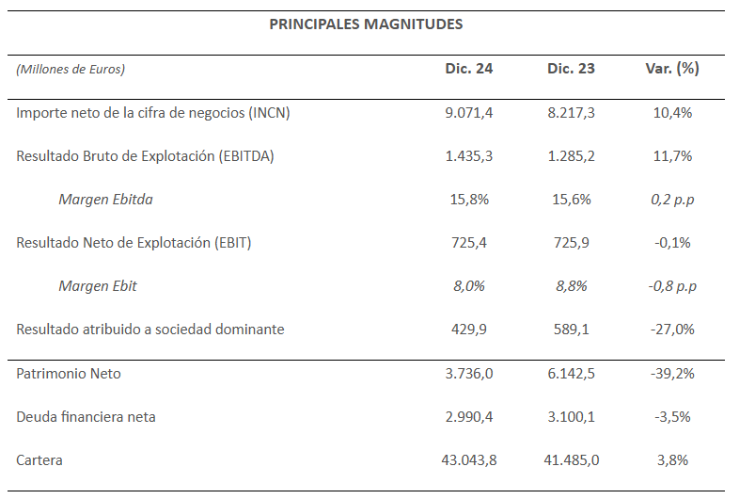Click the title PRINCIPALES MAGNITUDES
pos(366,24)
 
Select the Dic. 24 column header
pos(469,69)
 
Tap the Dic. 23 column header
pos(571,69)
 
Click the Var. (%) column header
pos(672,69)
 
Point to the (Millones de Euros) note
pos(71,69)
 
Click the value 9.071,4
pos(469,113)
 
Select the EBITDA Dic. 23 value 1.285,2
pos(571,156)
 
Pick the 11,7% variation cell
pos(672,156)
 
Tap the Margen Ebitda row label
pos(106,200)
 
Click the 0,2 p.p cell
pos(672,200)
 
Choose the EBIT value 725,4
pos(469,243)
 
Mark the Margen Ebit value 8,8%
pos(572,286)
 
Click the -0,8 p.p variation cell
pos(672,286)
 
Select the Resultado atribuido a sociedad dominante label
pos(150,330)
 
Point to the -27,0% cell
pos(672,330)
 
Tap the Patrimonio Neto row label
pos(69,374)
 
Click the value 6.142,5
pos(571,374)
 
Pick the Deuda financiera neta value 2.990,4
pos(469,416)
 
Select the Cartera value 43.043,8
pos(469,460)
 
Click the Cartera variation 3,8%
pos(672,460)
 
